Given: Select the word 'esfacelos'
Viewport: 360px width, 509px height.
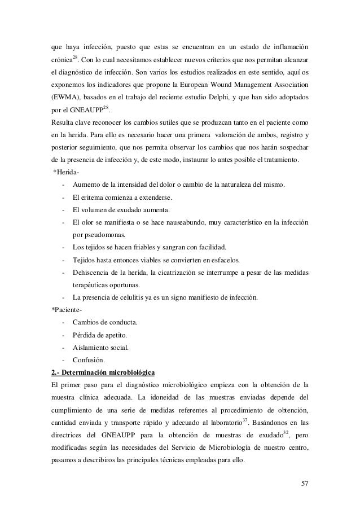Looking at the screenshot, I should tap(223, 260).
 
